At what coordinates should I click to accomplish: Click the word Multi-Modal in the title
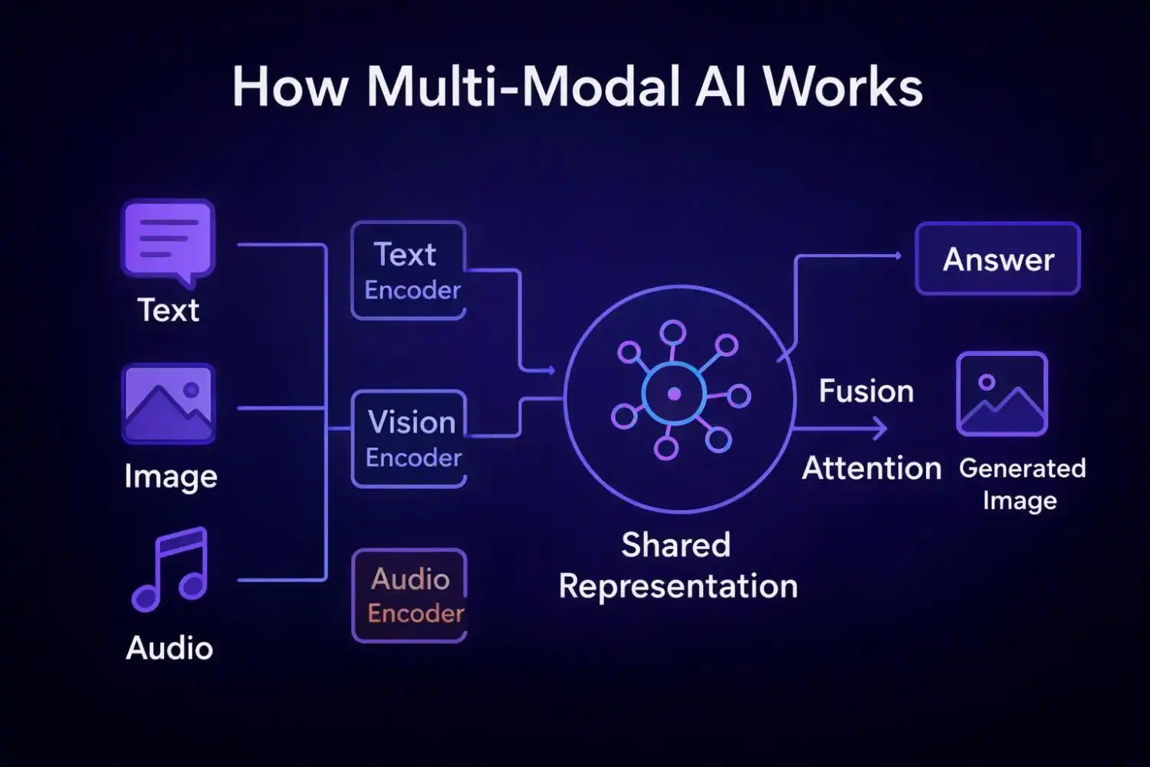click(524, 87)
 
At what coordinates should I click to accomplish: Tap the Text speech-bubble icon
click(169, 240)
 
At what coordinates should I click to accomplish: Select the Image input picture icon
click(169, 403)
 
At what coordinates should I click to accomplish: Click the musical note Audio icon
click(170, 568)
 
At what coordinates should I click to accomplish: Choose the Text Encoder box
click(409, 271)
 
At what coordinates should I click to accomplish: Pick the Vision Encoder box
click(409, 439)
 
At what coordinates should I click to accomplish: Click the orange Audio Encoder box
click(409, 596)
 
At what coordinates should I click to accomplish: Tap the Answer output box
click(997, 259)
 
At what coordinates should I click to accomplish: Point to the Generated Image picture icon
click(1001, 394)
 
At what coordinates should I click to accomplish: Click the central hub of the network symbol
click(674, 393)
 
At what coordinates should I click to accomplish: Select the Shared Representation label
click(678, 566)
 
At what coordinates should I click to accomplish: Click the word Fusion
click(866, 391)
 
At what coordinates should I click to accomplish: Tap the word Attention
click(872, 468)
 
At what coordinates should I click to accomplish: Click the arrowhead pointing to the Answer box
click(898, 255)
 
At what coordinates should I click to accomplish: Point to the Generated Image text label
click(1022, 484)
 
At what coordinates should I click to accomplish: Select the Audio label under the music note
click(169, 648)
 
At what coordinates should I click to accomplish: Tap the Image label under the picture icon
click(171, 476)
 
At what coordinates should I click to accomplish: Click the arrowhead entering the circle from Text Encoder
click(550, 370)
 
